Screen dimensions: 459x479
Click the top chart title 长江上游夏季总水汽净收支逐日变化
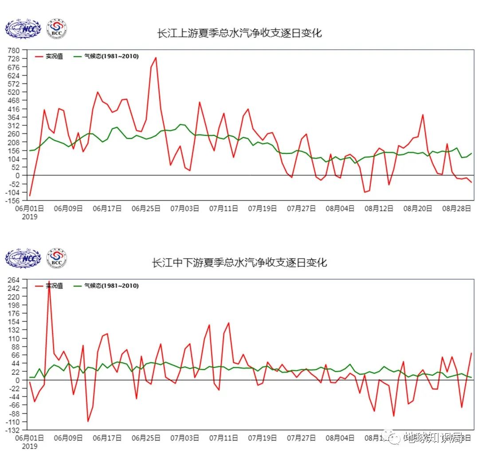point(239,33)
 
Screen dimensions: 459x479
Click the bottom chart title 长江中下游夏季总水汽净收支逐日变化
point(239,262)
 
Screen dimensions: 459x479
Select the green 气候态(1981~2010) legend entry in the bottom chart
point(106,286)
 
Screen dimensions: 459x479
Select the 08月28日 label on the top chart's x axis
point(456,209)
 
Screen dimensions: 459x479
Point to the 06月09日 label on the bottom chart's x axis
point(68,438)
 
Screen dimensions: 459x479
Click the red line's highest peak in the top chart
point(156,58)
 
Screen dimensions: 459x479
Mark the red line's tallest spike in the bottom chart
point(49,282)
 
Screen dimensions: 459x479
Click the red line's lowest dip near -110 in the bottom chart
point(88,421)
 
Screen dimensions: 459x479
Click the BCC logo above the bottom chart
point(57,258)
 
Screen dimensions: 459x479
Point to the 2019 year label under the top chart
point(30,217)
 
